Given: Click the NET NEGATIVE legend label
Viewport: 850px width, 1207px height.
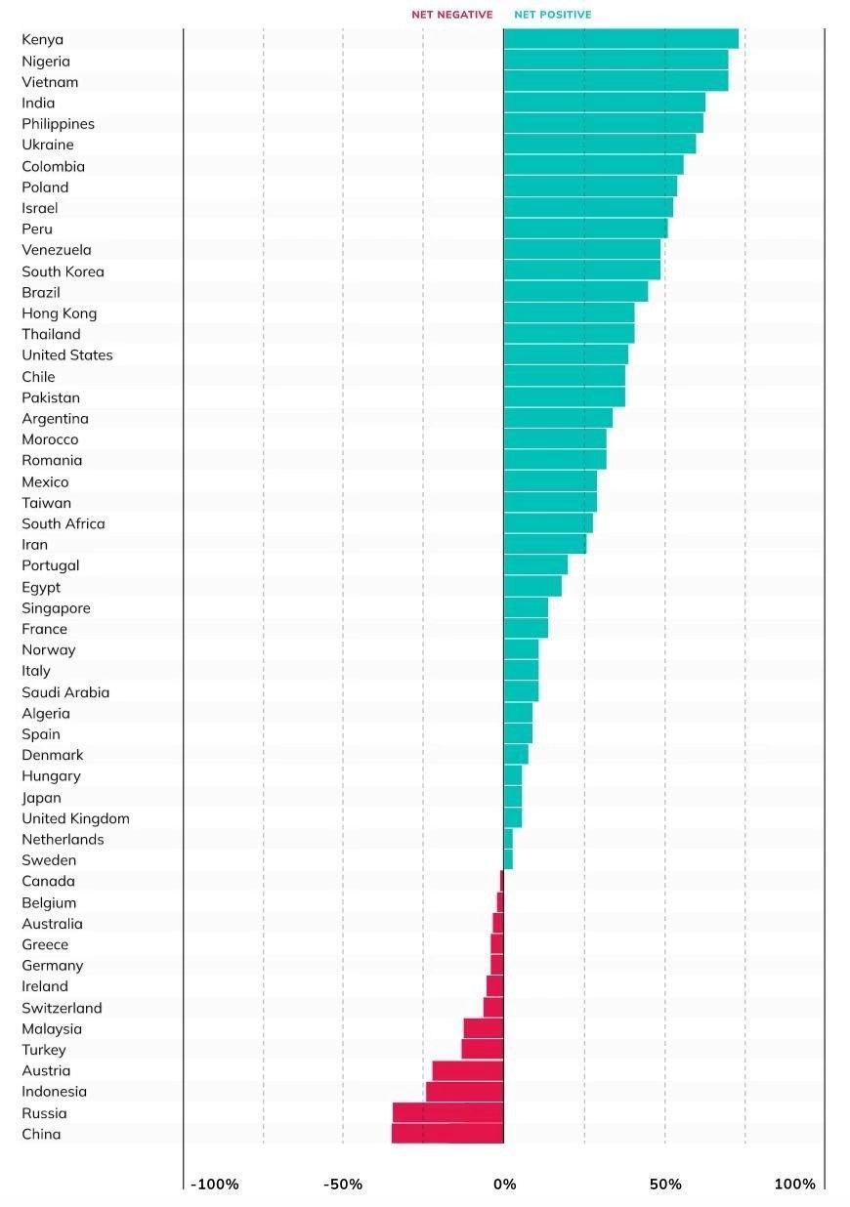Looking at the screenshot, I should [451, 15].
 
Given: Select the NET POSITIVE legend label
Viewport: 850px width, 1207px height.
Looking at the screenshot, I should [552, 15].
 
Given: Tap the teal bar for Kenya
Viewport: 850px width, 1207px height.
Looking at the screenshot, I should [620, 39].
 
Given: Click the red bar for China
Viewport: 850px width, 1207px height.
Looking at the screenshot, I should [447, 1134].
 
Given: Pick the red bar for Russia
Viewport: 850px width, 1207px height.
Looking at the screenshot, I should [448, 1112].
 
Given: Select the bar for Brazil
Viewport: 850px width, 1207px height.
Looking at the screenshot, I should [575, 292].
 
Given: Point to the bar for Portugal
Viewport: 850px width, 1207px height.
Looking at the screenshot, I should [535, 565].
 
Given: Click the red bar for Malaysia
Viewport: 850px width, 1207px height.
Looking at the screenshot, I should [484, 1028].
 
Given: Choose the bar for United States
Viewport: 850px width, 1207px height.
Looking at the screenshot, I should [566, 354].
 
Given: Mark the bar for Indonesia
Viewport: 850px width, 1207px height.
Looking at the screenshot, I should [465, 1092].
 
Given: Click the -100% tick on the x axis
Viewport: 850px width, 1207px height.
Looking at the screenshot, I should [215, 1185].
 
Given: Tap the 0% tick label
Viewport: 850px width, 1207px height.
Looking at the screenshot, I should [504, 1185].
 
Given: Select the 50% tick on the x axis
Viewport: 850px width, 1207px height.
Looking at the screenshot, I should [665, 1185].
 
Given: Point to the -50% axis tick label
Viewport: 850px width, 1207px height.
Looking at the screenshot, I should [343, 1185].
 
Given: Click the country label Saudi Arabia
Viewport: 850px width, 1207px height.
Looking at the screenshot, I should [65, 692].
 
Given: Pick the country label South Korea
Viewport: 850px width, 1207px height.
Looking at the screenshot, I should [63, 271].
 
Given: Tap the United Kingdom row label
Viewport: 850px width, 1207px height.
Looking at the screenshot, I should [75, 818].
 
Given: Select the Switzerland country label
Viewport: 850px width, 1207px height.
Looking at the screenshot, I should [62, 1008].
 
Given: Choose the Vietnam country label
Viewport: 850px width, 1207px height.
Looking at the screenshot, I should [50, 82].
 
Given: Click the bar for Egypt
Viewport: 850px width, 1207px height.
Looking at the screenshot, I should [532, 586].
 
